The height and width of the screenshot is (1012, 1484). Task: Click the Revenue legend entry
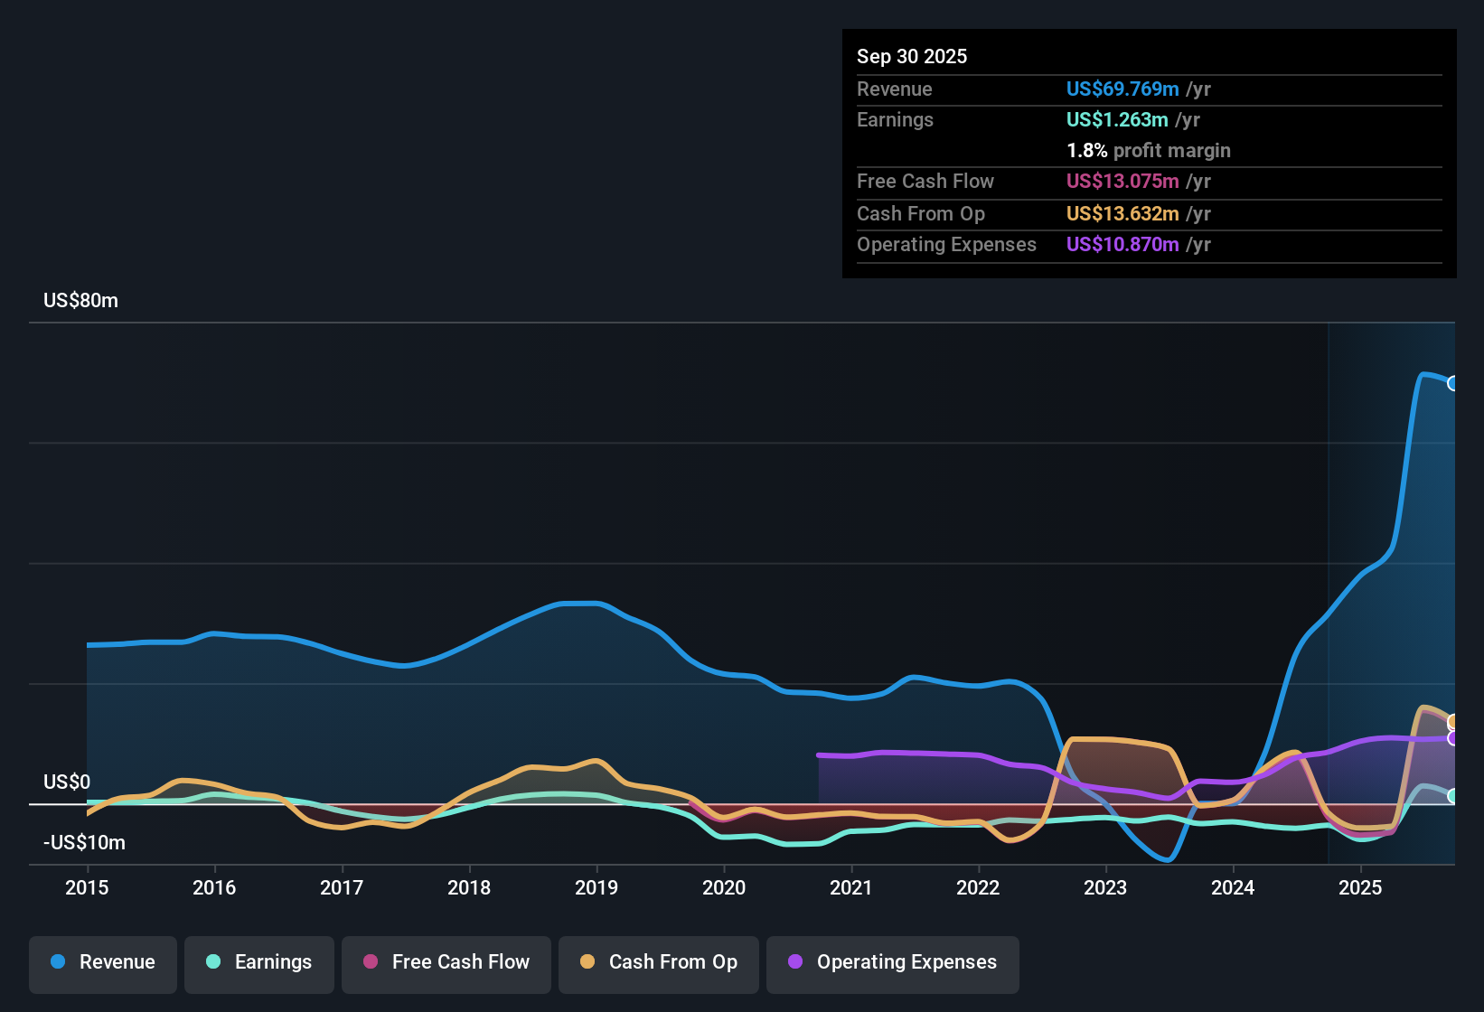[103, 962]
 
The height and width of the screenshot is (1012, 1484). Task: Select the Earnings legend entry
[259, 962]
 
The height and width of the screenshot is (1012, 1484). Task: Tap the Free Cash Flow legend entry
[446, 962]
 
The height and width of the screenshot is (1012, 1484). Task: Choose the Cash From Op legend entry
[659, 962]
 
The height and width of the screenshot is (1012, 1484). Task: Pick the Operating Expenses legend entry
[893, 962]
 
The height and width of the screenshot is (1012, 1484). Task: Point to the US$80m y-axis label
[80, 301]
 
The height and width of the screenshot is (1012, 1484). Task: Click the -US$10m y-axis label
[84, 843]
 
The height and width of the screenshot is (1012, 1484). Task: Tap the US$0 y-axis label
[67, 782]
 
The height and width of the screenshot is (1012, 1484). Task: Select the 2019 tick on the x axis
[596, 888]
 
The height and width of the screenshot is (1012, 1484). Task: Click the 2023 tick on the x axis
[1105, 888]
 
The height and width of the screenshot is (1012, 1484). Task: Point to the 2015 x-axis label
[87, 888]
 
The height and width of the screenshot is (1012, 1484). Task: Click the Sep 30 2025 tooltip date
[911, 57]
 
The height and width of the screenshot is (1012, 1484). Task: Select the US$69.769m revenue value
[1122, 89]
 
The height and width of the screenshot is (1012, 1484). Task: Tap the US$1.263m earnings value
[1116, 120]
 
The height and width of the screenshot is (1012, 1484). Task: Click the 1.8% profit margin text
[1148, 151]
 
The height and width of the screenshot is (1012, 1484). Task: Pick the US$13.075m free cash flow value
[1122, 182]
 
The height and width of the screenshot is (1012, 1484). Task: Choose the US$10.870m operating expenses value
[1122, 245]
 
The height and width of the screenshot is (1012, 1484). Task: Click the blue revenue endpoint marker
[1452, 383]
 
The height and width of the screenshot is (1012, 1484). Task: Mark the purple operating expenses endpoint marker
[1452, 738]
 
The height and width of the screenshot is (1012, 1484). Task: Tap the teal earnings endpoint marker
[1452, 796]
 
